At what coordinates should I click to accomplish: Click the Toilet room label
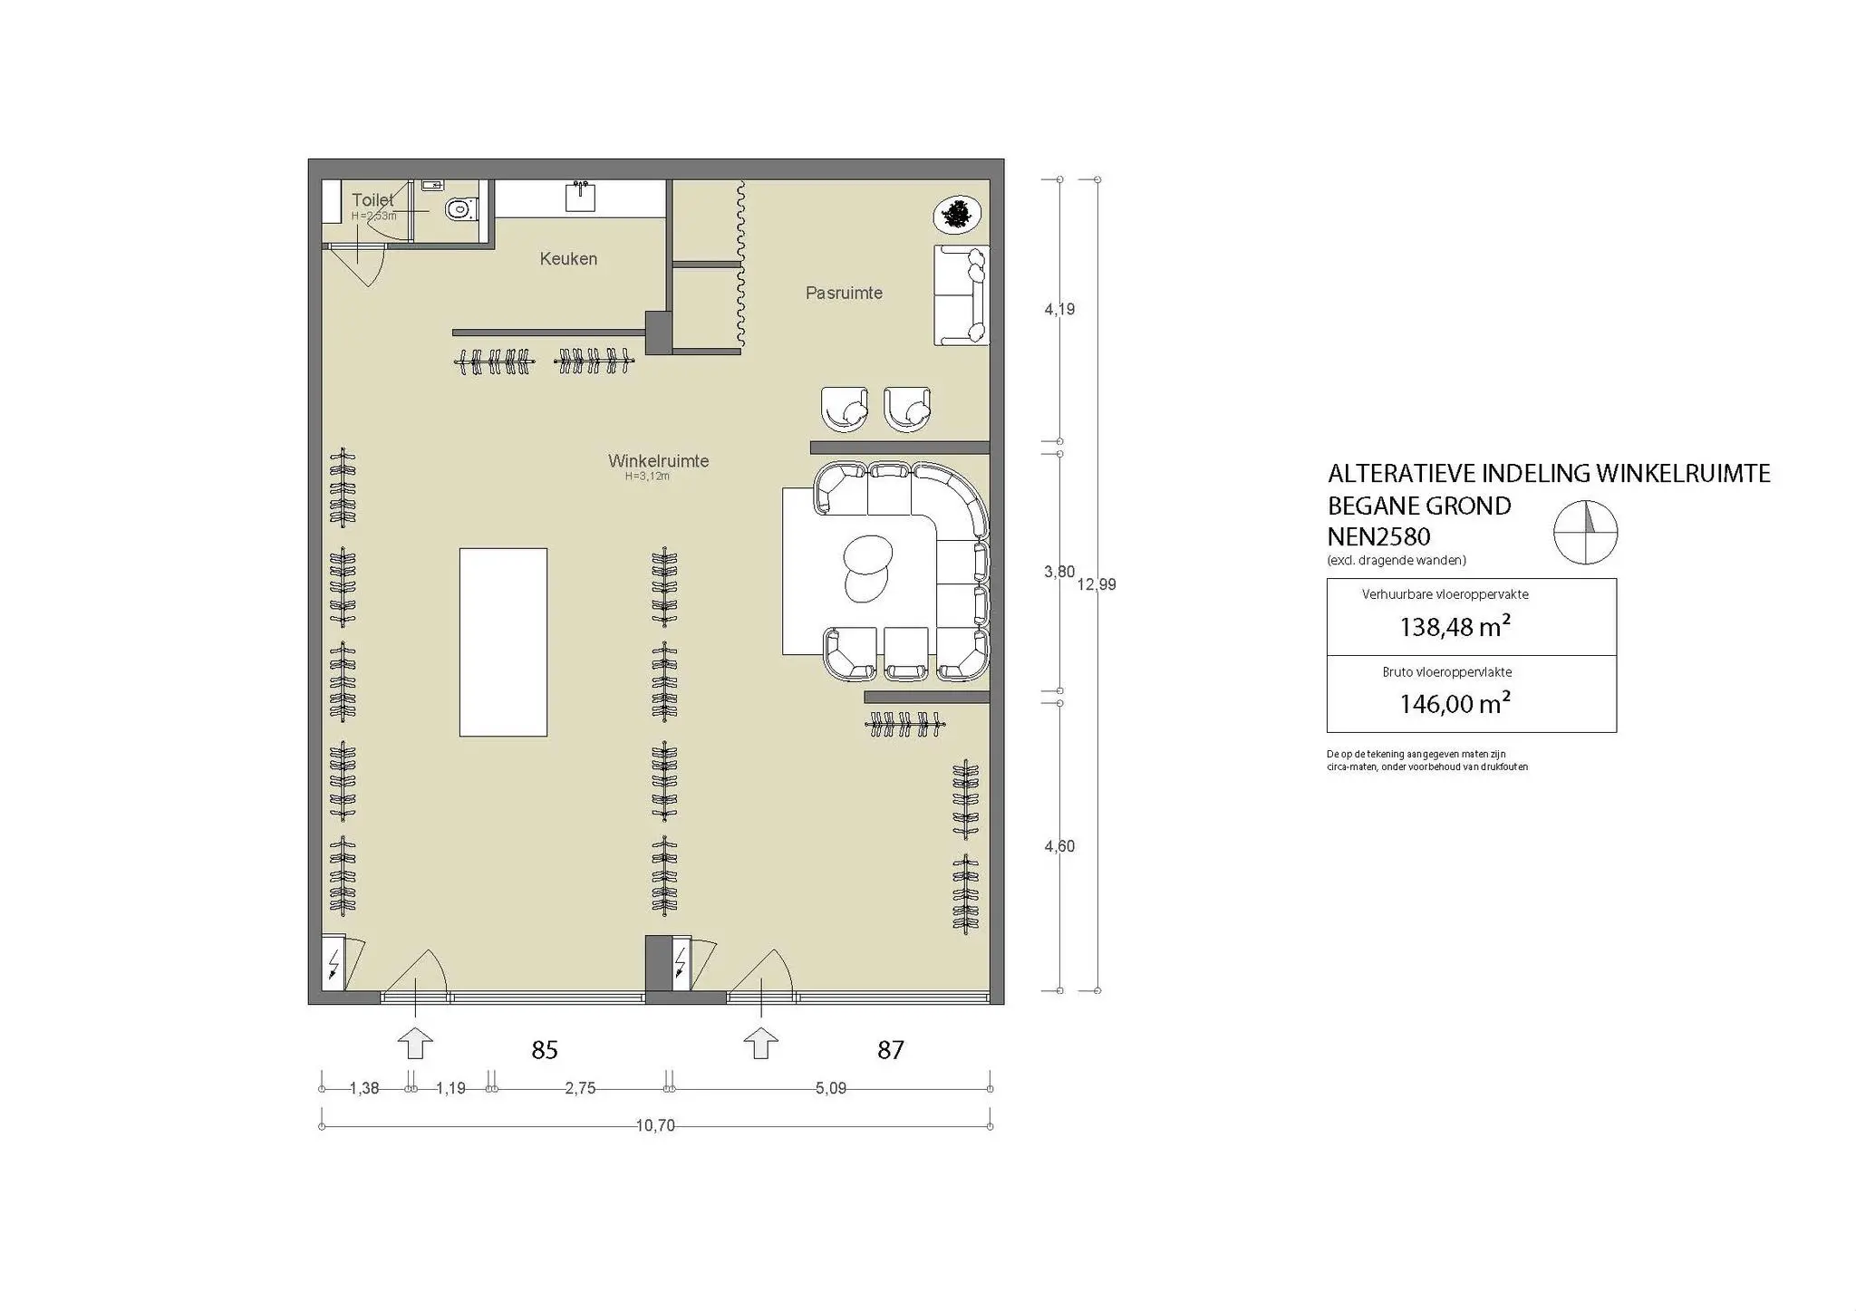[x=372, y=200]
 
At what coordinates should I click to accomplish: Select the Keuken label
[x=568, y=259]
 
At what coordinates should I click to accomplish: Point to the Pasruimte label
[x=844, y=294]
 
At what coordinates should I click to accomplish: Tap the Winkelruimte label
[x=658, y=461]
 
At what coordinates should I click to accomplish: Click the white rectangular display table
[x=503, y=641]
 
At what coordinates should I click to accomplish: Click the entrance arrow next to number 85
[x=415, y=1043]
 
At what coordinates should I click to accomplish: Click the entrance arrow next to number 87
[x=760, y=1043]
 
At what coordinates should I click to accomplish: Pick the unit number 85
[x=544, y=1050]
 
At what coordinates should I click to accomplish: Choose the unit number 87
[x=890, y=1050]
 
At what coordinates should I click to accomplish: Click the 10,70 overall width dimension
[x=655, y=1126]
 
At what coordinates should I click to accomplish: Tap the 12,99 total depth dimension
[x=1097, y=585]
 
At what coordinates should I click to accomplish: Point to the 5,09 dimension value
[x=830, y=1088]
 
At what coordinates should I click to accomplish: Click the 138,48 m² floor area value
[x=1455, y=626]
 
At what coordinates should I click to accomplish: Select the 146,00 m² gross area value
[x=1455, y=703]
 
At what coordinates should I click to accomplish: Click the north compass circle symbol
[x=1585, y=533]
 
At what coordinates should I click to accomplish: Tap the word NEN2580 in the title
[x=1378, y=537]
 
